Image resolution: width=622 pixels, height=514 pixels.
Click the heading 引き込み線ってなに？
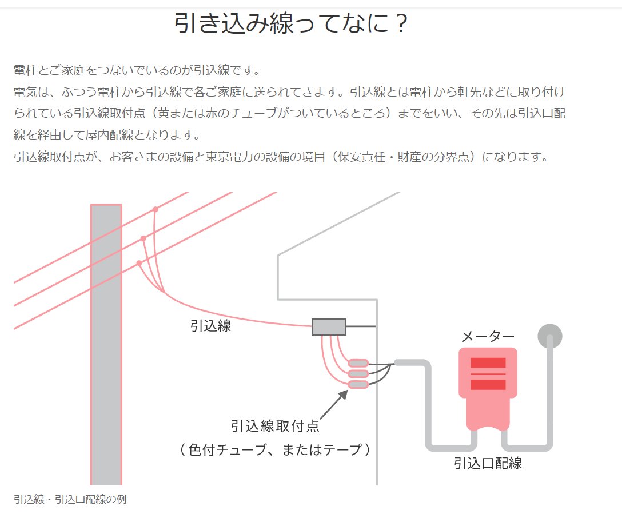(292, 25)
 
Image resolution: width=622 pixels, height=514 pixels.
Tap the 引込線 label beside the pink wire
(210, 326)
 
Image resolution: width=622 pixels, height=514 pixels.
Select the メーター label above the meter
(488, 337)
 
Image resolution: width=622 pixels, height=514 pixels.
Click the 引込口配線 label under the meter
(488, 463)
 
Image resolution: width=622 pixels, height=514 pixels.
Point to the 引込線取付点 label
(275, 427)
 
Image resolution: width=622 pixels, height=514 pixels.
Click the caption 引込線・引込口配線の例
(70, 499)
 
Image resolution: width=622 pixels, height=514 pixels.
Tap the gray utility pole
(106, 343)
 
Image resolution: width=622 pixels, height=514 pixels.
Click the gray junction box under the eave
(329, 326)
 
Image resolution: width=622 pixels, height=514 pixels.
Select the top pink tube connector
(358, 363)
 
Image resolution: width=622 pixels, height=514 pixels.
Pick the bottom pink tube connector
(358, 385)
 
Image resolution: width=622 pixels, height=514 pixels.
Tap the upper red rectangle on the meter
(488, 363)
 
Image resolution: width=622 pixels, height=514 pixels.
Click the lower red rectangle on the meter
(488, 384)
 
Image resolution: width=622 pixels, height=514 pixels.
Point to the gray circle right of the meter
(549, 336)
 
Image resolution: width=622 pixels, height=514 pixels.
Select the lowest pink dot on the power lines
(139, 263)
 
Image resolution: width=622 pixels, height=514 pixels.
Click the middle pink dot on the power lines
(143, 238)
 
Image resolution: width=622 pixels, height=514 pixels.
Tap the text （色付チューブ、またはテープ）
(275, 450)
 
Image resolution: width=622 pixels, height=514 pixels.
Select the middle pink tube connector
(358, 374)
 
